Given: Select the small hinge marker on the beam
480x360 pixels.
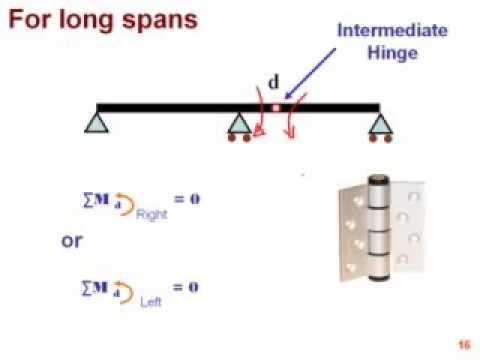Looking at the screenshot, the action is click(x=277, y=106).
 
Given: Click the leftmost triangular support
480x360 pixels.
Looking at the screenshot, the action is click(x=97, y=123).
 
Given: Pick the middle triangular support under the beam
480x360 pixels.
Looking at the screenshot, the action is click(x=240, y=123).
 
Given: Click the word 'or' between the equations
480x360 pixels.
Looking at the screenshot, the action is click(x=72, y=241).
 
